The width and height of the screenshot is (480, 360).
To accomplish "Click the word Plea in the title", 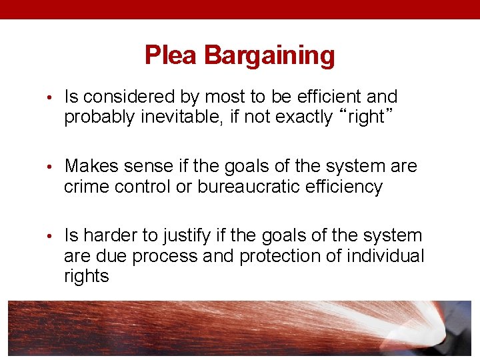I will tap(172, 55).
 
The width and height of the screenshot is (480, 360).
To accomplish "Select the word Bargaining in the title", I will tap(269, 55).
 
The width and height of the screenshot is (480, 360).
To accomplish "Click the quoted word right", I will tap(365, 117).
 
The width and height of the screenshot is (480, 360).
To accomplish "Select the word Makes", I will tap(90, 166).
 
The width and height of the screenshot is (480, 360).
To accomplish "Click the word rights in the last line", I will tap(86, 277).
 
